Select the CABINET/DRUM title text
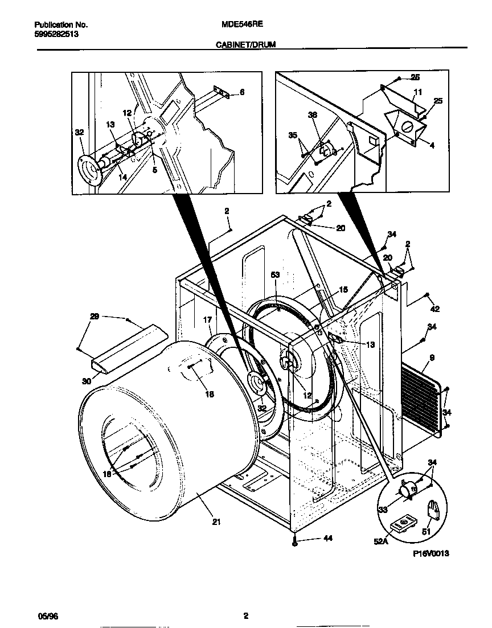[x=245, y=44]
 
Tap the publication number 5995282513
[x=56, y=34]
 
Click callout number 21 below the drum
[x=217, y=521]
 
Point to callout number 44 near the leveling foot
[x=311, y=538]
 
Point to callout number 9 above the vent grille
[x=432, y=358]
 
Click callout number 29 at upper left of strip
[x=95, y=317]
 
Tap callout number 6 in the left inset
[x=241, y=92]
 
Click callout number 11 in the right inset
[x=417, y=92]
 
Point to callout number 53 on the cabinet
[x=275, y=275]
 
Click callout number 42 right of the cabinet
[x=435, y=309]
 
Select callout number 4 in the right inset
[x=432, y=146]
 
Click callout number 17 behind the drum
[x=208, y=321]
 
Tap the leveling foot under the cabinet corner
[x=294, y=544]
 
